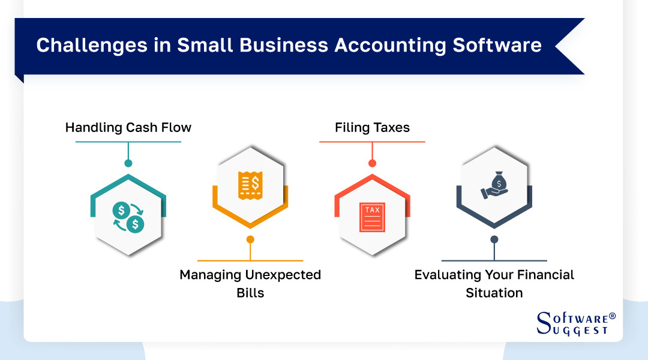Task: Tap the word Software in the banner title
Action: tap(497, 46)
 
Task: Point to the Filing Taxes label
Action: tap(372, 128)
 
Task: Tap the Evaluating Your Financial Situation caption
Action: tap(494, 283)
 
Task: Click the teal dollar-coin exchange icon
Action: tap(128, 217)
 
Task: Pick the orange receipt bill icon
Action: tap(250, 185)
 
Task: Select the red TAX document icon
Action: tap(372, 217)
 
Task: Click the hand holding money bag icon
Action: tap(494, 185)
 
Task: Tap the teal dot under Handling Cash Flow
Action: tap(128, 163)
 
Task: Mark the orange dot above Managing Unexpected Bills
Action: tap(250, 239)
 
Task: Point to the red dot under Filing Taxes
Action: tap(372, 163)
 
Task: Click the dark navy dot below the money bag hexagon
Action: tap(494, 239)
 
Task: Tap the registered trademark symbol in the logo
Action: tap(612, 316)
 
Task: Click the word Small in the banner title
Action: tap(200, 46)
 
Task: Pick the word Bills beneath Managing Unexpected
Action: tap(250, 293)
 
